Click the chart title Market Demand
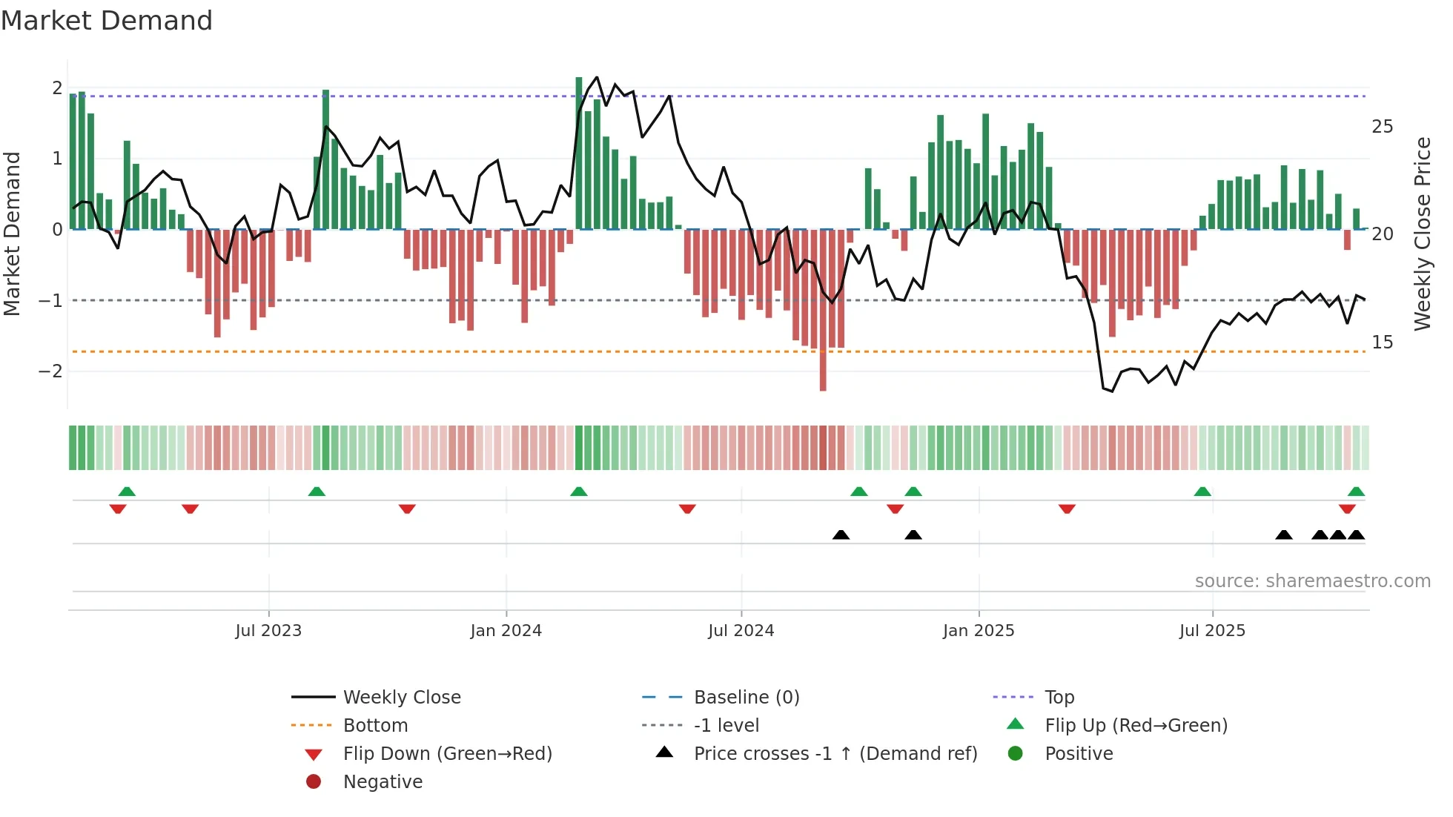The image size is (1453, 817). pos(107,21)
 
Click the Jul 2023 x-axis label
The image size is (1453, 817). pos(268,631)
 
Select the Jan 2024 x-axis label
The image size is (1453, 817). pos(506,631)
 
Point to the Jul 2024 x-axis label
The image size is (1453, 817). pos(741,631)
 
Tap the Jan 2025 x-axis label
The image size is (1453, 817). pos(979,631)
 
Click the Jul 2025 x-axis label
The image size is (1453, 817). pos(1213,631)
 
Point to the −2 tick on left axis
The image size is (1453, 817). pos(50,371)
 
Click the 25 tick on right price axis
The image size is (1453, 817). pos(1383,127)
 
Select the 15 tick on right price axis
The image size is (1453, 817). pos(1383,343)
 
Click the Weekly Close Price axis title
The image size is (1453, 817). pos(1423,234)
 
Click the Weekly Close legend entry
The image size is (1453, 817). pos(402,698)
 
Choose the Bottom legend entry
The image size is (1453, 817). pos(375,726)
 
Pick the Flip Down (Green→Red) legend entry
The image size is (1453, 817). pos(447,754)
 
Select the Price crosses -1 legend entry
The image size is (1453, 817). pos(835,754)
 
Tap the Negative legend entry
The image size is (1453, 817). pos(383,782)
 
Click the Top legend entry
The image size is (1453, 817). pos(1059,698)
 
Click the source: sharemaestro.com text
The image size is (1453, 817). pos(1312,581)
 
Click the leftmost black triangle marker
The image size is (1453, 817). pos(841,535)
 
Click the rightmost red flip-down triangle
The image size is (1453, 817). pos(1347,509)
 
